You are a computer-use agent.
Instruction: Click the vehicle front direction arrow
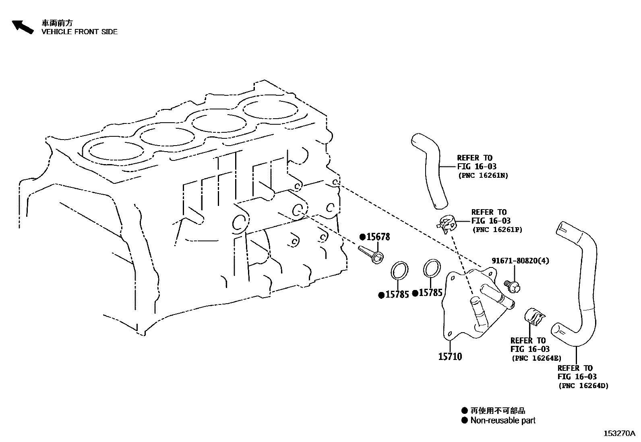click(x=22, y=27)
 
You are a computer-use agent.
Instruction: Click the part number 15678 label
click(x=378, y=237)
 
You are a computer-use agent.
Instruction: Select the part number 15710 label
click(x=450, y=356)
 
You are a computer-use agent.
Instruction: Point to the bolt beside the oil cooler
click(x=513, y=286)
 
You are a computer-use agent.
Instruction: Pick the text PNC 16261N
click(x=483, y=175)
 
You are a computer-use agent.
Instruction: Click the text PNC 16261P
click(x=497, y=230)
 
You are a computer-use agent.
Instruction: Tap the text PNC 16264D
click(x=583, y=386)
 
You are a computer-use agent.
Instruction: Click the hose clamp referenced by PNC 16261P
click(x=447, y=224)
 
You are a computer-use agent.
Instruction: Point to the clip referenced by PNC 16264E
click(x=534, y=317)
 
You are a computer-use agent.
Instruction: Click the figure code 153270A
click(x=619, y=433)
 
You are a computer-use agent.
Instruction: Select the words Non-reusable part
click(x=503, y=421)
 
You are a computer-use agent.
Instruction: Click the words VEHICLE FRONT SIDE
click(x=79, y=32)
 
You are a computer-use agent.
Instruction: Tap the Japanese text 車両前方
click(x=57, y=23)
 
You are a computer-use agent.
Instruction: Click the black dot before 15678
click(x=362, y=237)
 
